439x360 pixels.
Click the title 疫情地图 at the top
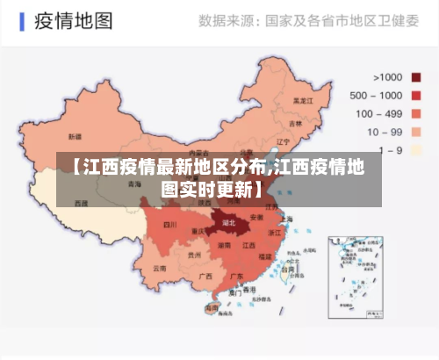73,20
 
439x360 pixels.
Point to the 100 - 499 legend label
378,113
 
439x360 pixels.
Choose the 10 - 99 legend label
385,132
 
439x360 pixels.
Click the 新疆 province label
75,138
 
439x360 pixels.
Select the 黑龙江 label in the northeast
303,101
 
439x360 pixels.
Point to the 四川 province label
170,225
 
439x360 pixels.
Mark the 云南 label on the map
159,268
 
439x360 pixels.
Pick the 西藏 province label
81,203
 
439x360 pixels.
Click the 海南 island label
211,308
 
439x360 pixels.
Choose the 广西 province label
205,276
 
